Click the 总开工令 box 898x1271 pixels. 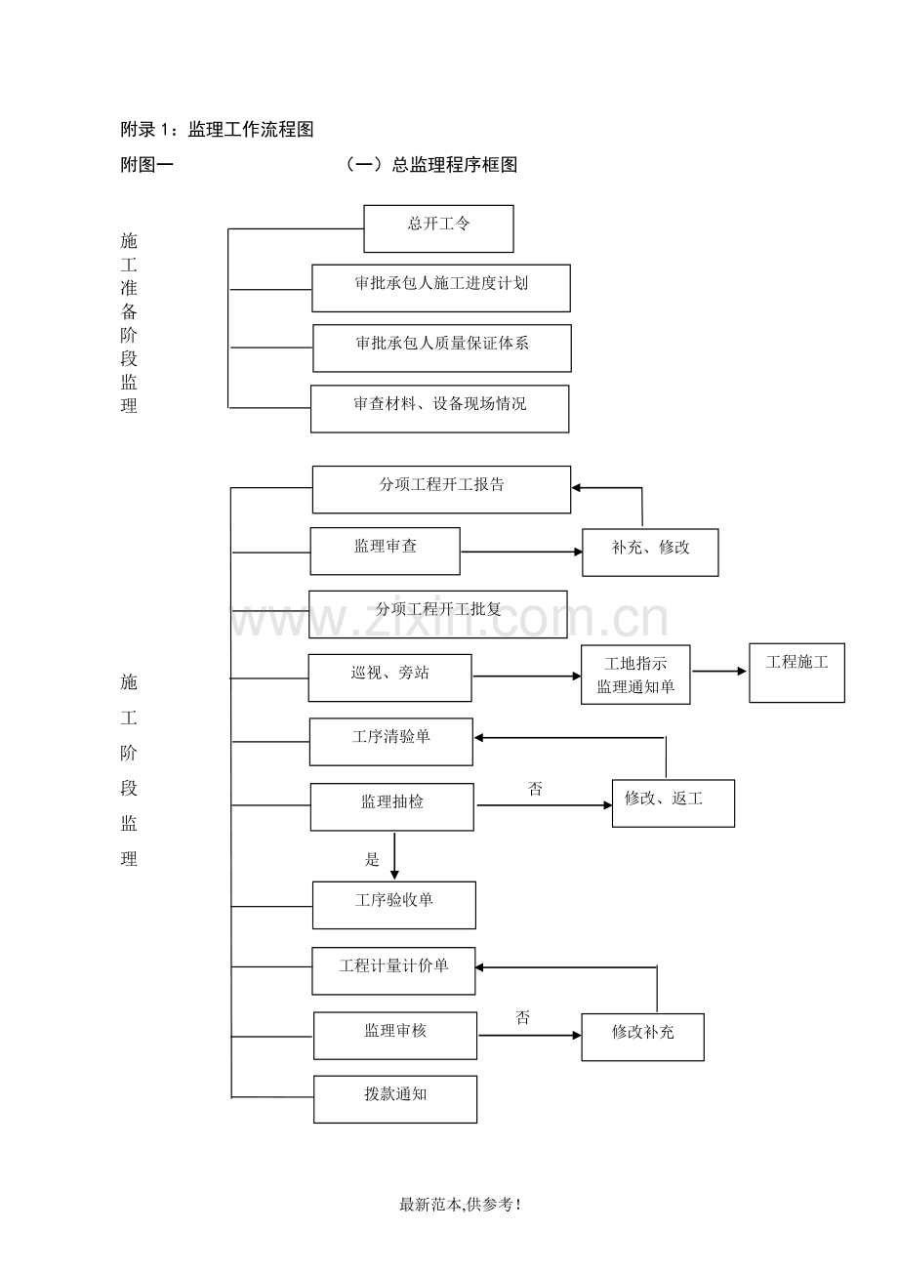pyautogui.click(x=438, y=228)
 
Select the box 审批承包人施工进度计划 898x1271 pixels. pyautogui.click(x=441, y=288)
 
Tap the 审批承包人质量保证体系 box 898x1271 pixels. pyautogui.click(x=442, y=348)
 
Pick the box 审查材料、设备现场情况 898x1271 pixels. pyautogui.click(x=439, y=409)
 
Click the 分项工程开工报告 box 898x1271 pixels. pyautogui.click(x=441, y=489)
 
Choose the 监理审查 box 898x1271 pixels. pyautogui.click(x=385, y=551)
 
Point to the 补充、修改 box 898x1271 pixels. pyautogui.click(x=650, y=553)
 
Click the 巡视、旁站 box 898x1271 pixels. pyautogui.click(x=389, y=677)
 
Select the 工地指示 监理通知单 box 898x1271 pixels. pyautogui.click(x=635, y=675)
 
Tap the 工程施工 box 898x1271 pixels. pyautogui.click(x=796, y=673)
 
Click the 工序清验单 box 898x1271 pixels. pyautogui.click(x=390, y=742)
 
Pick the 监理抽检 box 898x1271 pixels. pyautogui.click(x=392, y=806)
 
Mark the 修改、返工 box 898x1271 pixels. pyautogui.click(x=673, y=803)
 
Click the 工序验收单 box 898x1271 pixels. pyautogui.click(x=393, y=905)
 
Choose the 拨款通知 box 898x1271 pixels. pyautogui.click(x=395, y=1099)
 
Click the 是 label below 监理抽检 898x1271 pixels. pyautogui.click(x=372, y=860)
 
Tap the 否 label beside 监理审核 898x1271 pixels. pyautogui.click(x=523, y=1018)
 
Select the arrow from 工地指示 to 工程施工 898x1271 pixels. pyautogui.click(x=719, y=671)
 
